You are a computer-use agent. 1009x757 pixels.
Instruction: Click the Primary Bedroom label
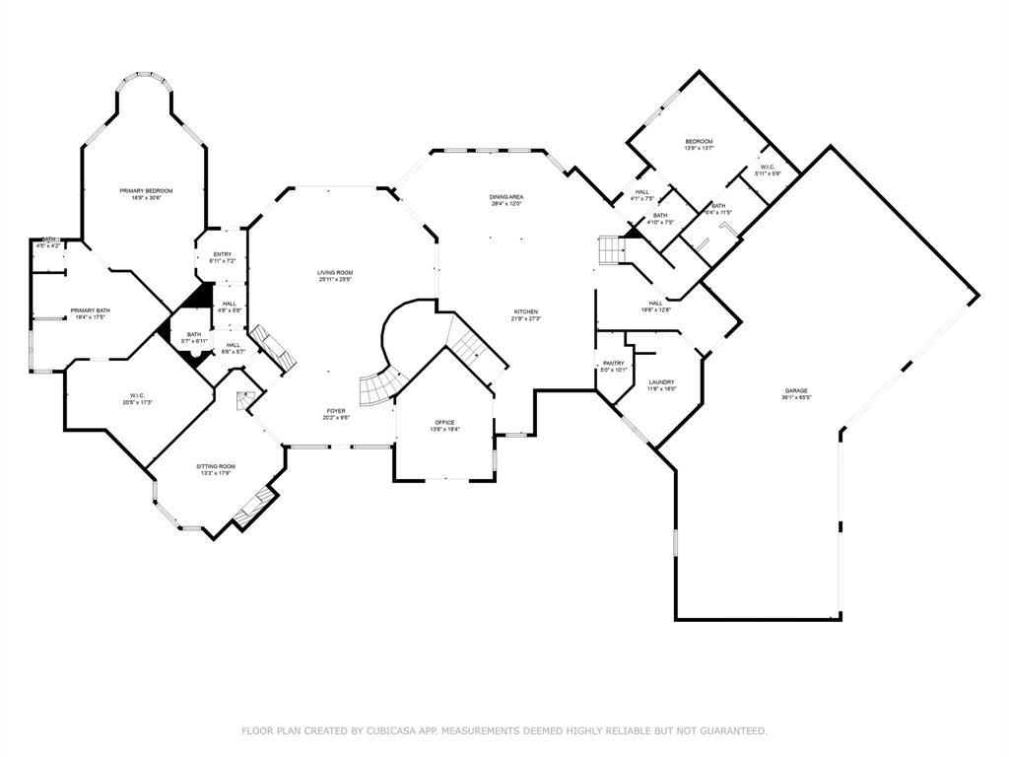tap(146, 190)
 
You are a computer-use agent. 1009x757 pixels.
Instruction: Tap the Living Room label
tap(335, 272)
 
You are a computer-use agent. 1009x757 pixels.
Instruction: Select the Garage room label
tap(796, 390)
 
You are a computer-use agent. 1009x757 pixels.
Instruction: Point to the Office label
tap(445, 422)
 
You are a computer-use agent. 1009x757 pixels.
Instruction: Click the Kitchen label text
tap(524, 311)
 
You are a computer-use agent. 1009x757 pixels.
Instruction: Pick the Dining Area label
tap(506, 197)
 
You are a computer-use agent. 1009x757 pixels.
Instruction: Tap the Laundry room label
tap(660, 382)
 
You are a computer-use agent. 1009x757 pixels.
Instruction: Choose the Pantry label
tap(614, 363)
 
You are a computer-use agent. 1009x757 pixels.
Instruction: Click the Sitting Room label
tap(217, 466)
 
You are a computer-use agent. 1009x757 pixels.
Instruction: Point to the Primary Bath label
tap(90, 310)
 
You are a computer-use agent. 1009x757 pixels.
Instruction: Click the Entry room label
tap(222, 254)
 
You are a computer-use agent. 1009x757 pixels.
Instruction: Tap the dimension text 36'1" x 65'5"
tap(796, 398)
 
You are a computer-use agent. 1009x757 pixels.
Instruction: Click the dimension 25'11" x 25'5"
tap(335, 280)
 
